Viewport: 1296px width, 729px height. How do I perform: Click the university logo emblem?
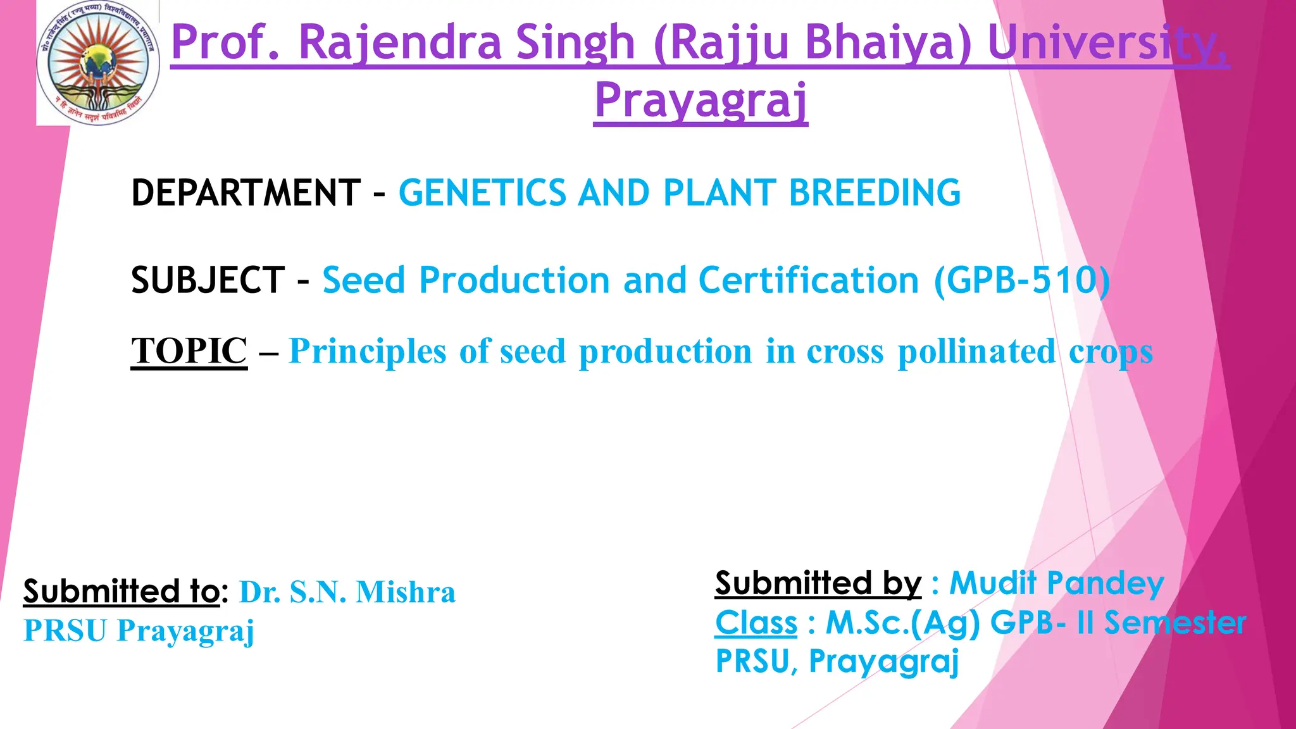[x=97, y=63]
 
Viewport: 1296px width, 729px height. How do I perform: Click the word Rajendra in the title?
[x=399, y=42]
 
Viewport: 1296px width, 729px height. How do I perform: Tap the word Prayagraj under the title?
[x=701, y=101]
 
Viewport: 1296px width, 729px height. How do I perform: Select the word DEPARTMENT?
[x=246, y=193]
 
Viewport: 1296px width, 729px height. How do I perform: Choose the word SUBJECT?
[x=208, y=280]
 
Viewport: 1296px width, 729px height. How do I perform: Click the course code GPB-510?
[x=1021, y=280]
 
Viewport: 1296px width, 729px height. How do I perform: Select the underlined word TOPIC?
[x=189, y=351]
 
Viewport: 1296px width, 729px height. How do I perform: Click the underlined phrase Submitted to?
[x=121, y=591]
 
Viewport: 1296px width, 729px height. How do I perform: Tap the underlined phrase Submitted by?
[x=818, y=583]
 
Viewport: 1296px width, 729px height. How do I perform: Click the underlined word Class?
[x=756, y=623]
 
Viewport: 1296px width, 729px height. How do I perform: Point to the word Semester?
[x=1175, y=623]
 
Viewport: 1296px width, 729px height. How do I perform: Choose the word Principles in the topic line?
[x=367, y=352]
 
